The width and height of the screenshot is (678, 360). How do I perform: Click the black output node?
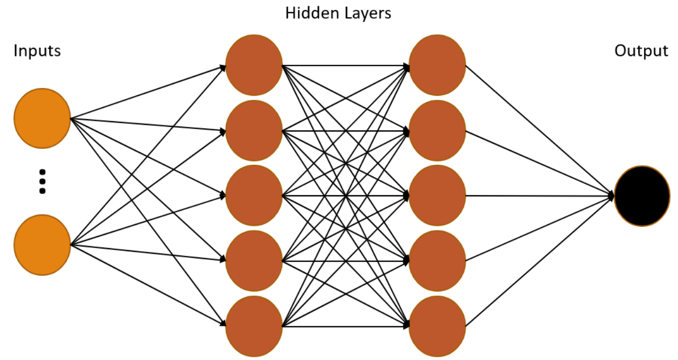[642, 196]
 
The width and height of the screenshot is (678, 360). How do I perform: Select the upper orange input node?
[42, 118]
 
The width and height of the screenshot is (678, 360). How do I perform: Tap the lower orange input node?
[42, 244]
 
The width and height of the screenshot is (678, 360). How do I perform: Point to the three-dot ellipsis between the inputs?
[43, 181]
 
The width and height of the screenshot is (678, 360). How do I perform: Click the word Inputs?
[37, 51]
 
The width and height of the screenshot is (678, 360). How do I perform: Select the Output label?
[641, 51]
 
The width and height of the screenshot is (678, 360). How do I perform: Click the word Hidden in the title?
[309, 13]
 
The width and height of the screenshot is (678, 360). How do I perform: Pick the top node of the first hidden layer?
[254, 65]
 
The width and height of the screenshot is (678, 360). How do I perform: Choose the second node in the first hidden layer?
[254, 130]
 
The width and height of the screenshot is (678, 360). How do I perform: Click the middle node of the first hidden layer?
[254, 196]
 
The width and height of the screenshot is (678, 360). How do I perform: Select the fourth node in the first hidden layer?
[254, 261]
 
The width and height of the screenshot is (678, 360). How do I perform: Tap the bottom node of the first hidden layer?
[254, 326]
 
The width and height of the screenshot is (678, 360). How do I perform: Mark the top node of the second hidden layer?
[437, 65]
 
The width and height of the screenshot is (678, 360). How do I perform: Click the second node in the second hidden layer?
[437, 130]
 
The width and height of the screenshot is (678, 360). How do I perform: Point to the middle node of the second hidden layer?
[437, 196]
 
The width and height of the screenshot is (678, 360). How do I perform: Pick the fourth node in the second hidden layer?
[437, 261]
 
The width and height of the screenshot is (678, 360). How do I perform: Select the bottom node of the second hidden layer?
[437, 326]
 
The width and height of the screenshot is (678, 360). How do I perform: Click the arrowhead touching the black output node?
[612, 196]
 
